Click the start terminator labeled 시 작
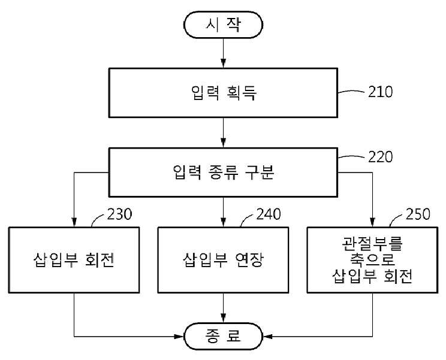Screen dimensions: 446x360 (x=223, y=25)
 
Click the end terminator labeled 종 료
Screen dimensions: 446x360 (x=223, y=336)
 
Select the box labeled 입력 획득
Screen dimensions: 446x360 (x=223, y=93)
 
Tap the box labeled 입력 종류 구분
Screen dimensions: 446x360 (x=223, y=172)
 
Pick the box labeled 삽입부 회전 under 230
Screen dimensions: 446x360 (x=74, y=260)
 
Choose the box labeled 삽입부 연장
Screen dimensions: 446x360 (x=223, y=260)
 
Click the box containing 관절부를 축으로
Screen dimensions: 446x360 (x=372, y=260)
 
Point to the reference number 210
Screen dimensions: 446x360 (x=380, y=92)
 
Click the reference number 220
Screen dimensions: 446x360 (x=380, y=157)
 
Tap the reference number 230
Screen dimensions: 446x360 (x=119, y=214)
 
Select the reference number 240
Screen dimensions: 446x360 (x=269, y=214)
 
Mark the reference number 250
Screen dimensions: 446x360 (x=418, y=214)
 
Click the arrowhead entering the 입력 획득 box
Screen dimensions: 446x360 (x=223, y=63)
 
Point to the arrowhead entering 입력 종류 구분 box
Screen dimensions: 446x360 (x=223, y=143)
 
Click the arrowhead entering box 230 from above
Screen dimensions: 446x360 (x=74, y=222)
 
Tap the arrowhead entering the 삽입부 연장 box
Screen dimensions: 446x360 (x=223, y=222)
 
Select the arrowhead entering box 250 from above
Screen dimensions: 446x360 (x=372, y=222)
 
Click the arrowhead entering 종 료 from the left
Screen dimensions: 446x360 (x=179, y=337)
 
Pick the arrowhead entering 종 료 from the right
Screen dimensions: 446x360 (x=267, y=337)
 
